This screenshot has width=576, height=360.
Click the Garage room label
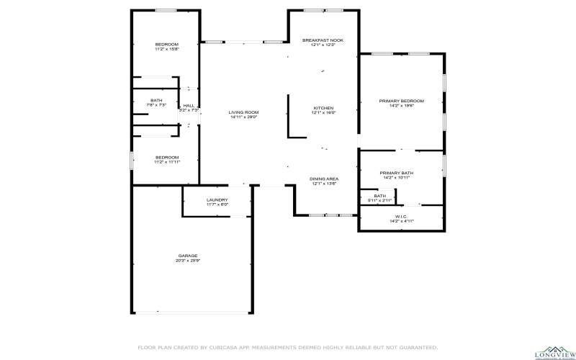(188, 255)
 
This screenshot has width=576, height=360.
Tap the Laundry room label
(217, 199)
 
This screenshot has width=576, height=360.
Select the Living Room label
(243, 112)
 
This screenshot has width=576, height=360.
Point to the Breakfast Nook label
(323, 40)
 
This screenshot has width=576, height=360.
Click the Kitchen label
(323, 108)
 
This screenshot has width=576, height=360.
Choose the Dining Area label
(324, 179)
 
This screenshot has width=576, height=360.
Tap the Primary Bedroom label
(401, 101)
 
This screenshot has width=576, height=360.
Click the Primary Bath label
(397, 173)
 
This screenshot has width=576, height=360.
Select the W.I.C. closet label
(401, 217)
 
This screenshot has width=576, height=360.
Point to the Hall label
(189, 106)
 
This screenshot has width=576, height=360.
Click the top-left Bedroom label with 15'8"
(166, 45)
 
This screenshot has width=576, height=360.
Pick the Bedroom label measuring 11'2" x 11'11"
(166, 157)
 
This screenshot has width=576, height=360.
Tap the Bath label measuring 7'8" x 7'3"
(156, 100)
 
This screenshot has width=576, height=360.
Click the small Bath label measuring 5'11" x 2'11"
(379, 195)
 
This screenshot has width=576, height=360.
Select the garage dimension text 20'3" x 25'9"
(188, 261)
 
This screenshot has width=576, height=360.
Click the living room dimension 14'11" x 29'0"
(244, 117)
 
